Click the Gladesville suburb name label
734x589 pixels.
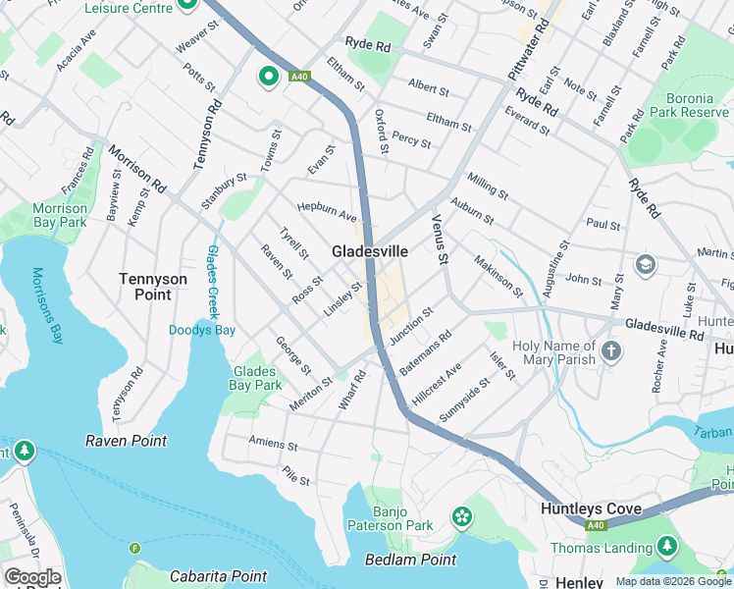coord(369,251)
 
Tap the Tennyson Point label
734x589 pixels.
coord(152,287)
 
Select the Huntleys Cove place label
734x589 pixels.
coord(591,509)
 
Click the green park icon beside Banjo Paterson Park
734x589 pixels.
coord(461,515)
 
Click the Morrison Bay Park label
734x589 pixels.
coord(60,215)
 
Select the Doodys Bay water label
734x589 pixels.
coord(202,330)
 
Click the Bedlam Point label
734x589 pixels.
coord(409,560)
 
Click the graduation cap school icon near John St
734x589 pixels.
coord(645,263)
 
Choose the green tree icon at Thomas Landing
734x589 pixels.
coord(667,545)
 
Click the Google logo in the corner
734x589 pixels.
coord(31,577)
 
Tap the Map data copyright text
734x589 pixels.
coord(673,581)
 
